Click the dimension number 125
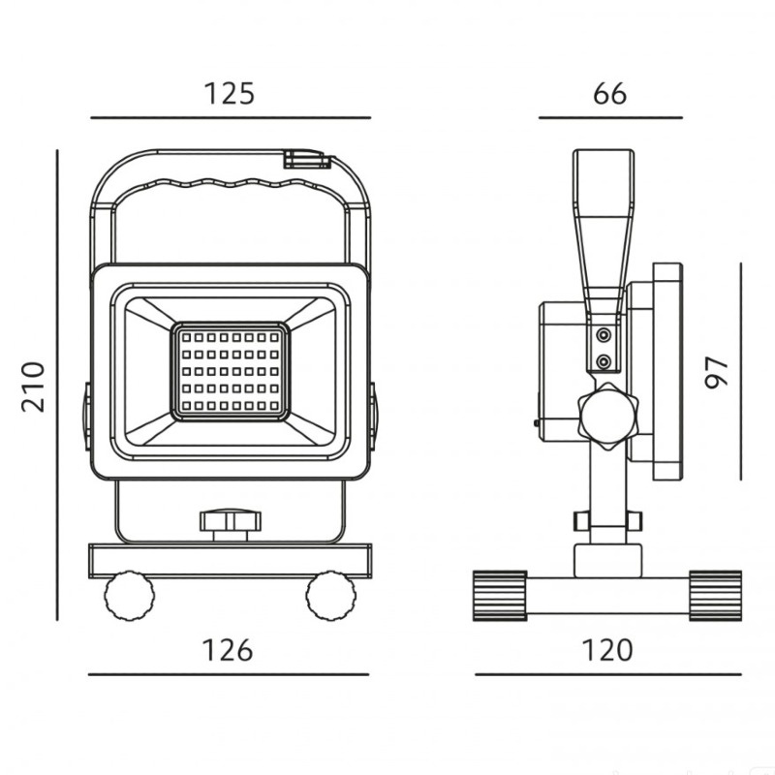point(230,93)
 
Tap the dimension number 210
point(33,387)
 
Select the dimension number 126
point(228,650)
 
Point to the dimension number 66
point(610,93)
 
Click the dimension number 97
point(716,372)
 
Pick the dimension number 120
point(607,650)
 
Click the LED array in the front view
point(231,372)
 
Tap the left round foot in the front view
point(129,595)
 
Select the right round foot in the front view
point(330,595)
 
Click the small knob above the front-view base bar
point(231,526)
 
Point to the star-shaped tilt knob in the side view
point(609,416)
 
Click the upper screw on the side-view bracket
point(603,335)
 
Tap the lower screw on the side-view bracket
point(603,362)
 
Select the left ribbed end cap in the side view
point(500,596)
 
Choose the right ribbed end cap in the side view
point(715,596)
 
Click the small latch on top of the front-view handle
point(307,159)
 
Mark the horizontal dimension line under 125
point(231,118)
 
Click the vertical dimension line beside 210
point(57,385)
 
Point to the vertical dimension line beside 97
point(741,371)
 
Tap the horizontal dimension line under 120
point(608,674)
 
